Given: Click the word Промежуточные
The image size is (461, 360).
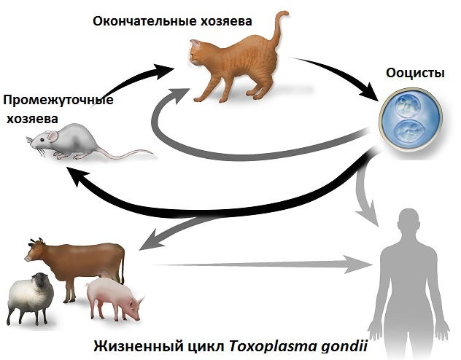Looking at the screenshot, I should [x=58, y=100].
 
